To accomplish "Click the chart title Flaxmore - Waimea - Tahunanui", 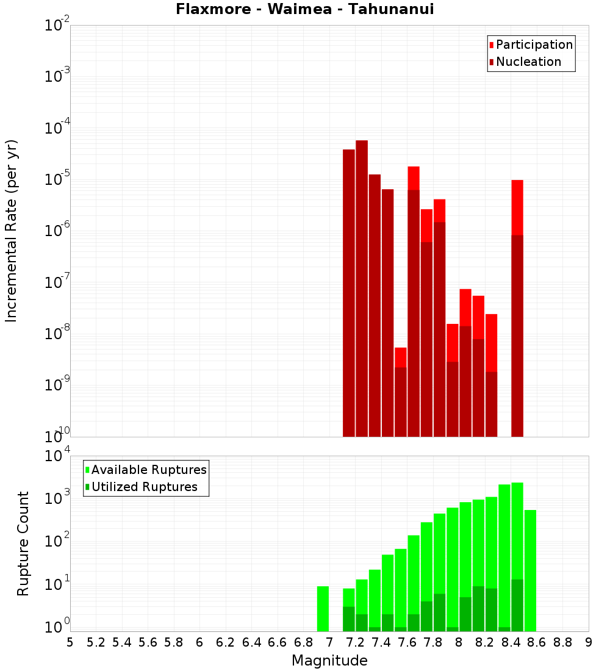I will [x=304, y=9].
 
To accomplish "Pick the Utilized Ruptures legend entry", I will [x=144, y=487].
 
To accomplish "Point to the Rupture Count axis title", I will [x=23, y=544].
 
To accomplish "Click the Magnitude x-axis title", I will [x=329, y=661].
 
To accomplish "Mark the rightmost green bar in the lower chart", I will [x=530, y=570].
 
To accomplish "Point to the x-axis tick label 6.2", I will [x=226, y=642].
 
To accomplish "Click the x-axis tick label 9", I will [x=589, y=642].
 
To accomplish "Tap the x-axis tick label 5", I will [x=70, y=642].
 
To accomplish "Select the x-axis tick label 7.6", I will [x=407, y=642].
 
